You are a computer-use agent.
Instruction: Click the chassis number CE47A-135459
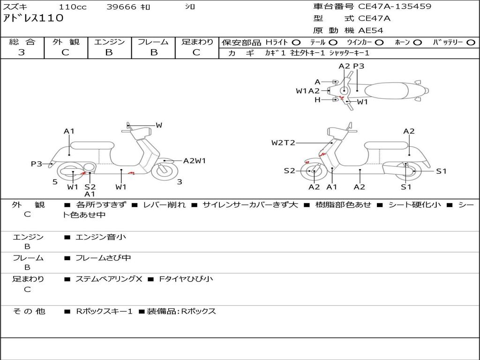[395, 6]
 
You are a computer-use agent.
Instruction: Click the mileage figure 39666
[121, 7]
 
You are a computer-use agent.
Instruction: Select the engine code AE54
[371, 30]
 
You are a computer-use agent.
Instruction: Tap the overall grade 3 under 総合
[22, 52]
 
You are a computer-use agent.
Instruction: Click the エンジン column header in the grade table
[109, 42]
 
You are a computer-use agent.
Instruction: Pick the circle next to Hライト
[296, 43]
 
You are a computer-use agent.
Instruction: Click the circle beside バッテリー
[471, 43]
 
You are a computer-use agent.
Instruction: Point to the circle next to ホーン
[417, 43]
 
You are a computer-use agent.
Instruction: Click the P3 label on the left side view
[37, 164]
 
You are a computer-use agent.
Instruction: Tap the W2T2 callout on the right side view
[283, 142]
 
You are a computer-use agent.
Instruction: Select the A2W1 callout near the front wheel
[195, 161]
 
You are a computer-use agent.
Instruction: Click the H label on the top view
[317, 99]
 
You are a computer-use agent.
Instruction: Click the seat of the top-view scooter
[386, 90]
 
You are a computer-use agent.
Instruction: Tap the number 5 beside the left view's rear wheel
[55, 182]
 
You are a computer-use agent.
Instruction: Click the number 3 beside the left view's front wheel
[180, 182]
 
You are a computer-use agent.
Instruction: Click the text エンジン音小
[101, 237]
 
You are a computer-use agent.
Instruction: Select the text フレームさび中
[103, 258]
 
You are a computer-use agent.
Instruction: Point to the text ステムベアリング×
[109, 279]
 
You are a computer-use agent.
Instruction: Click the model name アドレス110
[33, 18]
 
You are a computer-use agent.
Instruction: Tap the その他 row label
[29, 311]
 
